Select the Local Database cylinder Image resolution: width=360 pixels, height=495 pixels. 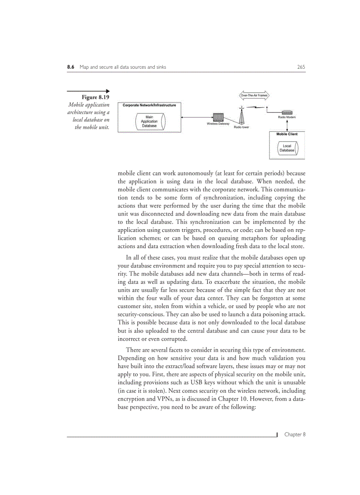pos(287,148)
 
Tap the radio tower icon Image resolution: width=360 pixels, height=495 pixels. pos(241,116)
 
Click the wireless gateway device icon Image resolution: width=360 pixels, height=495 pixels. pos(218,118)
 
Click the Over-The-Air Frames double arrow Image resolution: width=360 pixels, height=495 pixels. pos(254,95)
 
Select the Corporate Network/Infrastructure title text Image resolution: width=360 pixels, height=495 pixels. pos(149,105)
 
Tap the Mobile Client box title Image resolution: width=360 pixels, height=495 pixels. pos(287,134)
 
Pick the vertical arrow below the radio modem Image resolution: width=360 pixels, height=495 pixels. pos(287,124)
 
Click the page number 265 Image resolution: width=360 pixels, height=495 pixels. pos(301,67)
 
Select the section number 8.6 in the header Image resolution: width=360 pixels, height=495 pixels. pos(70,67)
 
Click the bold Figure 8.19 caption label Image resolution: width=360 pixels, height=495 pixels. pos(95,97)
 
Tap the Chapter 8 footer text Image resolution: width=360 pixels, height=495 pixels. pos(295,435)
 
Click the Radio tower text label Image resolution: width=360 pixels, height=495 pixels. pos(241,127)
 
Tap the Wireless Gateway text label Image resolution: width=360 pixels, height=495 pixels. pos(218,124)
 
